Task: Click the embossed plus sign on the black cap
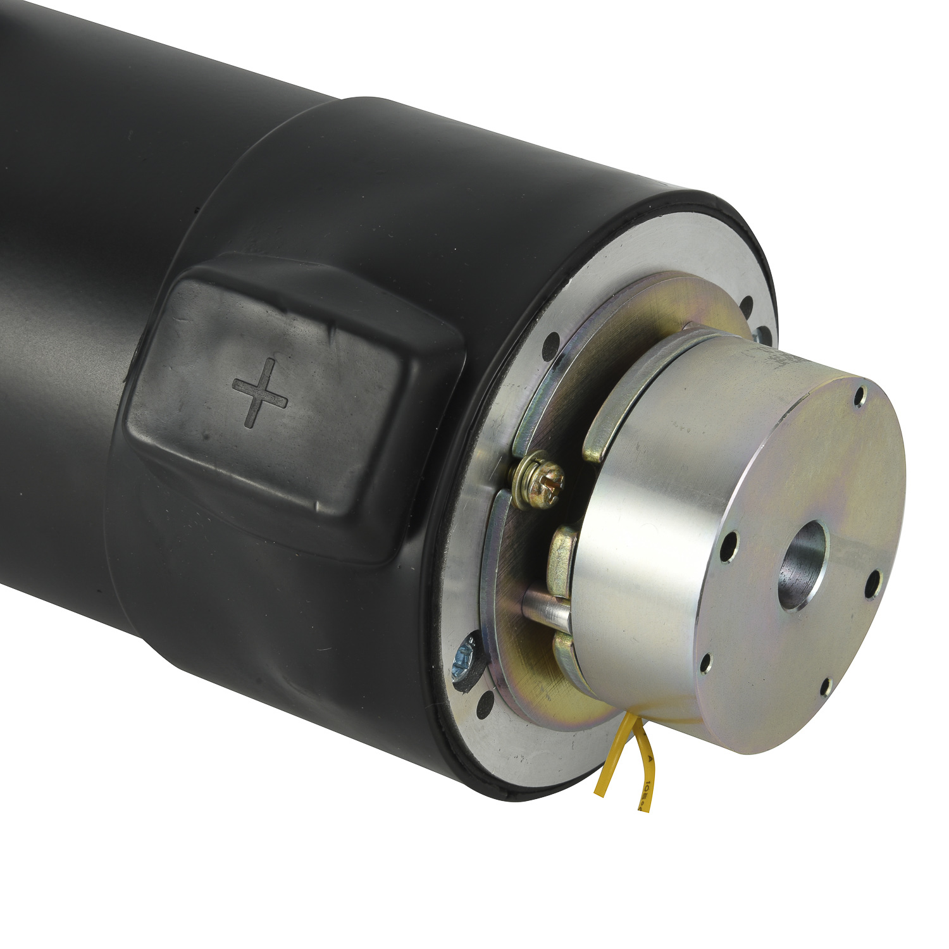(x=260, y=392)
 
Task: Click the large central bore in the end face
(x=803, y=565)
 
